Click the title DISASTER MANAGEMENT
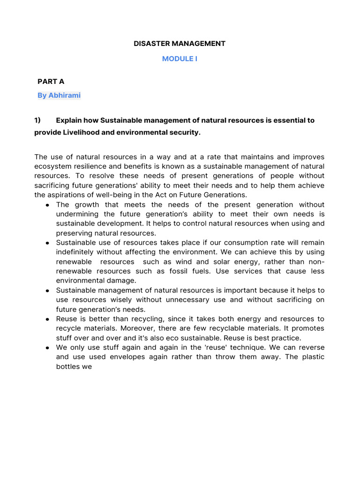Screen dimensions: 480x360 (x=180, y=44)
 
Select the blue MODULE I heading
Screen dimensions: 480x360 (x=180, y=59)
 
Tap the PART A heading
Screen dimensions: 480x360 (x=51, y=82)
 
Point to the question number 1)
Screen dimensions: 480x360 (x=38, y=120)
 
